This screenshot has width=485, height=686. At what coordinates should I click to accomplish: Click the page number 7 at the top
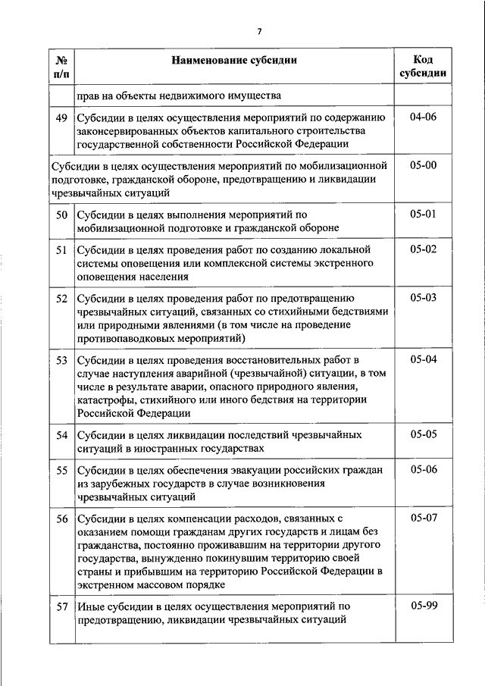(x=259, y=31)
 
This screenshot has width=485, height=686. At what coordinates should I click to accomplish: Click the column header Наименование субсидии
(x=233, y=60)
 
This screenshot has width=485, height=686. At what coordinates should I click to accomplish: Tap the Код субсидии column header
(x=423, y=67)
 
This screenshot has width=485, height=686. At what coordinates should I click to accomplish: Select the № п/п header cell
(x=62, y=67)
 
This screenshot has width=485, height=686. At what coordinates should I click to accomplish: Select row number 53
(x=62, y=359)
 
